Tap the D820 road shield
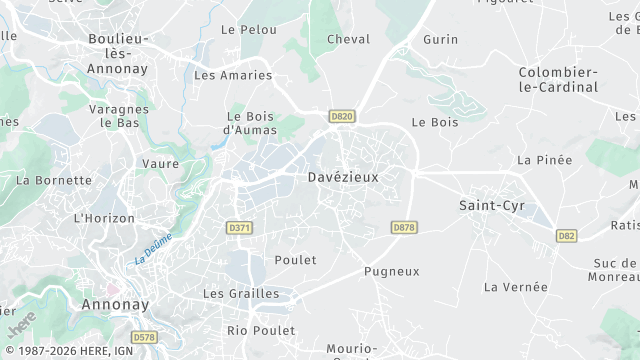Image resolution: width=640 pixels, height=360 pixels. [x=342, y=116]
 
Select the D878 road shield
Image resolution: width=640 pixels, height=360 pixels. [x=403, y=228]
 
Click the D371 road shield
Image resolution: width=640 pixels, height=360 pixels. [x=240, y=228]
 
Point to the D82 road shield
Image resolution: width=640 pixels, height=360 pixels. [x=567, y=236]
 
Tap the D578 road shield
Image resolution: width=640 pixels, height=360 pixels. [x=144, y=338]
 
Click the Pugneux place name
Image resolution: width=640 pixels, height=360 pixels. [x=392, y=271]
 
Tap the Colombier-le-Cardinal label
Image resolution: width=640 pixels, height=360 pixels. [x=558, y=79]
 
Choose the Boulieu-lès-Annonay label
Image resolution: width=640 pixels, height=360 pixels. [x=118, y=53]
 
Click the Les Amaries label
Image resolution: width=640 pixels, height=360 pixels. [x=233, y=75]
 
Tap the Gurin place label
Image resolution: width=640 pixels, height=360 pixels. [x=440, y=39]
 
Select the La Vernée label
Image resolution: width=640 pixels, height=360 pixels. [x=516, y=287]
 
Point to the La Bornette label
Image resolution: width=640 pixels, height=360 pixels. [x=54, y=181]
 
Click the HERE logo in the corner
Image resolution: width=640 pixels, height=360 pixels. [x=21, y=324]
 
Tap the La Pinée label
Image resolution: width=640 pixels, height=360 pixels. [x=545, y=160]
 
